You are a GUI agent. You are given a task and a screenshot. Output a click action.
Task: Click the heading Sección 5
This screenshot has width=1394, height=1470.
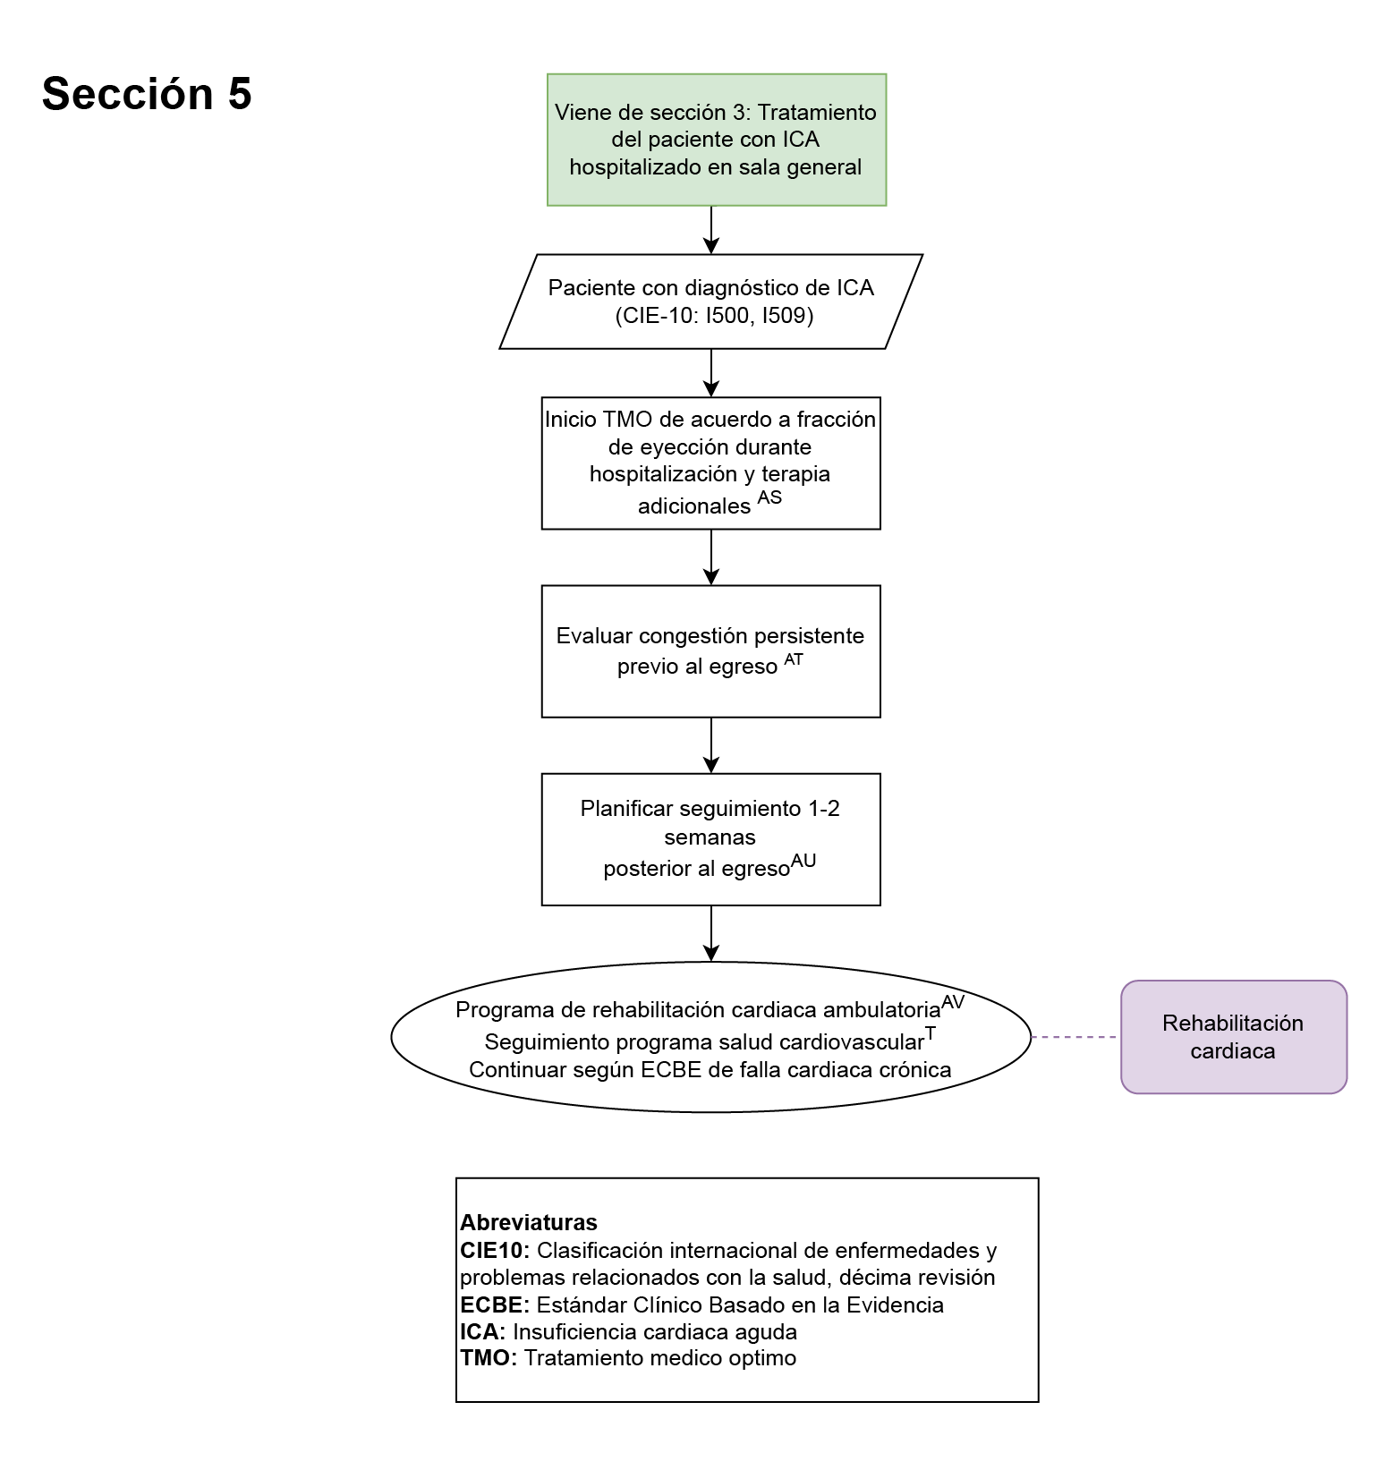coord(147,94)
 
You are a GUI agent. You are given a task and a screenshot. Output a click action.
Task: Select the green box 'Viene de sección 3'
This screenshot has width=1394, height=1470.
coord(716,140)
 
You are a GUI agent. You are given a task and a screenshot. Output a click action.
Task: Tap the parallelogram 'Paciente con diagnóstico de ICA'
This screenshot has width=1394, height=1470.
coord(711,302)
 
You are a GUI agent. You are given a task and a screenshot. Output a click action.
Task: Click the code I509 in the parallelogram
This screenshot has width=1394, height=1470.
coord(786,316)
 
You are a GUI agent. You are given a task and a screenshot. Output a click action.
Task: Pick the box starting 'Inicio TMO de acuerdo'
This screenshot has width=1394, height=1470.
coord(711,463)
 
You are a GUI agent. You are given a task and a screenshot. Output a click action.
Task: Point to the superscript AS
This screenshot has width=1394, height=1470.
coord(769,497)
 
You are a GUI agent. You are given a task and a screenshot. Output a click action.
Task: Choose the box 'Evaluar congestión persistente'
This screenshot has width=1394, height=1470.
coord(711,650)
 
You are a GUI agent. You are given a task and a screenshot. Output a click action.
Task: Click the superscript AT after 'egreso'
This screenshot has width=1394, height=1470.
coord(794,660)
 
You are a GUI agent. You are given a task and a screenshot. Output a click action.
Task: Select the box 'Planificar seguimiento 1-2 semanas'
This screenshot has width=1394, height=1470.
coord(711,838)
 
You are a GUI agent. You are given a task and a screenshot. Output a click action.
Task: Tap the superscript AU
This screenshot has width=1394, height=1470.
coord(803,861)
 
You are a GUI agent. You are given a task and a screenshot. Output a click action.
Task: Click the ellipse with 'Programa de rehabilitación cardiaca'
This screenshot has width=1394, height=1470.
coord(711,1037)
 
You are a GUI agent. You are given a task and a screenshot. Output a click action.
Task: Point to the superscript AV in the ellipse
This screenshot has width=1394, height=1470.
coord(953,1002)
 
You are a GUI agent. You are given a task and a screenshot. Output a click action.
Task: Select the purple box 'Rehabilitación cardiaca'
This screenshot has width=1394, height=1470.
coord(1233,1037)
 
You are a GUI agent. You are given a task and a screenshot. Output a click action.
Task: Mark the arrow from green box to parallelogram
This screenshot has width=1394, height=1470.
coord(711,230)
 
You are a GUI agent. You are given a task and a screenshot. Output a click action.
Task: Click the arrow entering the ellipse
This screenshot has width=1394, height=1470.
coord(711,934)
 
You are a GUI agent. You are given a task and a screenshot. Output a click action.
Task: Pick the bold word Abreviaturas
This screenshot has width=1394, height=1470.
coord(529,1222)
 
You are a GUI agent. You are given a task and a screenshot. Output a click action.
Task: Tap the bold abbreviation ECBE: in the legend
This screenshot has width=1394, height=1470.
coord(495,1304)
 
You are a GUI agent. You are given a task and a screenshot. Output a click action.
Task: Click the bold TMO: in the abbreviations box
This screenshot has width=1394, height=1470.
coord(489,1358)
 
